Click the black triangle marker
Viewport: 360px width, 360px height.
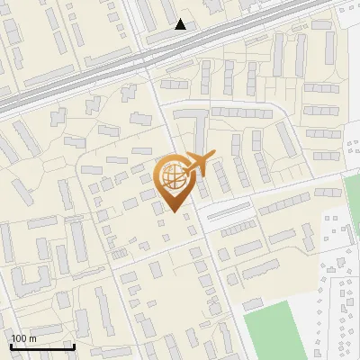tap(181, 24)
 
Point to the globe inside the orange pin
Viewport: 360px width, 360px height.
tap(174, 175)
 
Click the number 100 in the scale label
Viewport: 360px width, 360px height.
tap(19, 338)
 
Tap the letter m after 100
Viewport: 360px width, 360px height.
tap(32, 338)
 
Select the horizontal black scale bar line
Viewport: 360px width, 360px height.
tap(42, 347)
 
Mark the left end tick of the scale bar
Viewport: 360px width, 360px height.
tap(11, 346)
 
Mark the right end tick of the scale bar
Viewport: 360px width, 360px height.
tap(74, 346)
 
